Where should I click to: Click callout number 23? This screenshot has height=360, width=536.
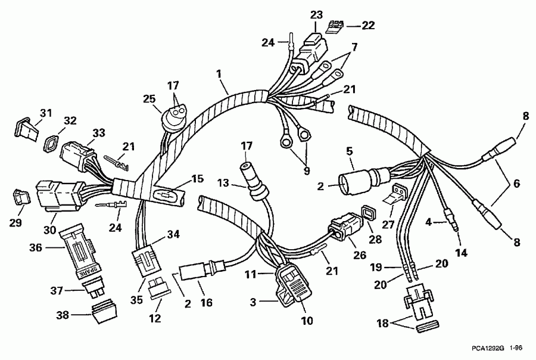(316, 14)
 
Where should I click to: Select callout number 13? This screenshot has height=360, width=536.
(239, 182)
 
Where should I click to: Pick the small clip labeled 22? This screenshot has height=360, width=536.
(336, 25)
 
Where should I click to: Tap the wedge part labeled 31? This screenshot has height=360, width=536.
(25, 126)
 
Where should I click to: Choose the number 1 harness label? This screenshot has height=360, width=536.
(219, 73)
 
